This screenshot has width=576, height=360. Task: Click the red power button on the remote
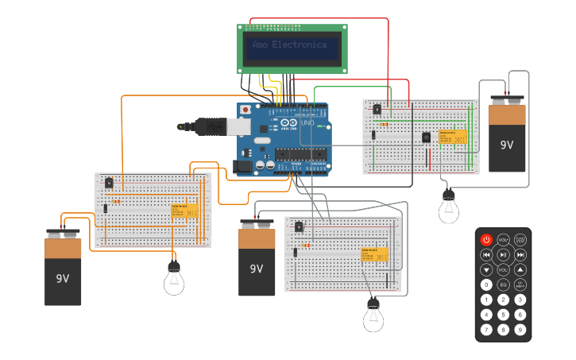(486, 239)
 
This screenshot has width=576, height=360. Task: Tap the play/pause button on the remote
(503, 254)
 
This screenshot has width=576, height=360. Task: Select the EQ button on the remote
(503, 285)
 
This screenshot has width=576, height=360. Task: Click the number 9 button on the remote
(520, 329)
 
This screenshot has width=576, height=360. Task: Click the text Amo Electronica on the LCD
(290, 45)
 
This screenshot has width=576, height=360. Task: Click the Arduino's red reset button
(245, 109)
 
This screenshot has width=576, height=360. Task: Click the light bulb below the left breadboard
(174, 280)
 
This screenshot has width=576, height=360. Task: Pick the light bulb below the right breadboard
(449, 208)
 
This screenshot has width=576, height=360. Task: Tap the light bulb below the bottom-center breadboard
(373, 317)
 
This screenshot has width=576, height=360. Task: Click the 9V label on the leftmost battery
(63, 279)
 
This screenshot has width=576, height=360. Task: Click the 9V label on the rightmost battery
(506, 145)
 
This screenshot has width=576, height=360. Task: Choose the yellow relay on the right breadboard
(452, 137)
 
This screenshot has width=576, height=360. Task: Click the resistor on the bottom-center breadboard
(307, 246)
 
